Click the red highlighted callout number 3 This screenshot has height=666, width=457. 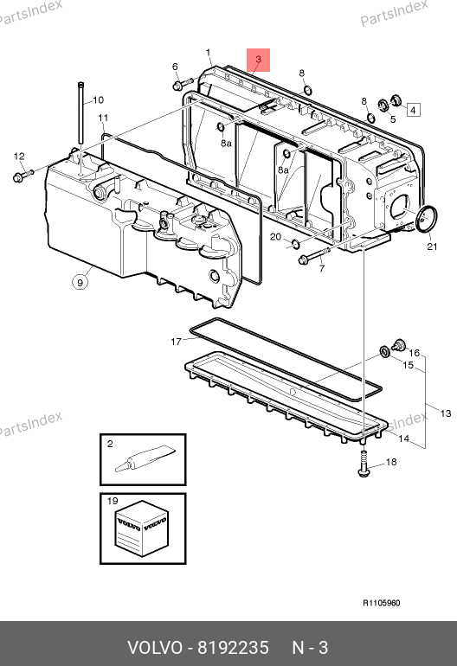tap(259, 60)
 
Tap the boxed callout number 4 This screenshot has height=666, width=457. tap(413, 110)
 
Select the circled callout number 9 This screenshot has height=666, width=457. tap(80, 282)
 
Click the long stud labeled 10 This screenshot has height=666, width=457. tap(80, 113)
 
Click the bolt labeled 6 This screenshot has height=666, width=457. tap(183, 84)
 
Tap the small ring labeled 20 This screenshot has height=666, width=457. tap(293, 244)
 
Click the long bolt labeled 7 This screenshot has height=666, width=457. tap(314, 255)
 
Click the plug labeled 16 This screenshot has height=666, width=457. tap(399, 345)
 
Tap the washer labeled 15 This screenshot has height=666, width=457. tap(385, 352)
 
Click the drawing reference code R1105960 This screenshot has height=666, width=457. tap(382, 603)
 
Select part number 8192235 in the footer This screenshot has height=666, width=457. tap(234, 648)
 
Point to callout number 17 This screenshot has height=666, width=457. tap(176, 342)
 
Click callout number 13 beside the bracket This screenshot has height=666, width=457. tap(445, 413)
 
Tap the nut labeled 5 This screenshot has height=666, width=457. tap(383, 105)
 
